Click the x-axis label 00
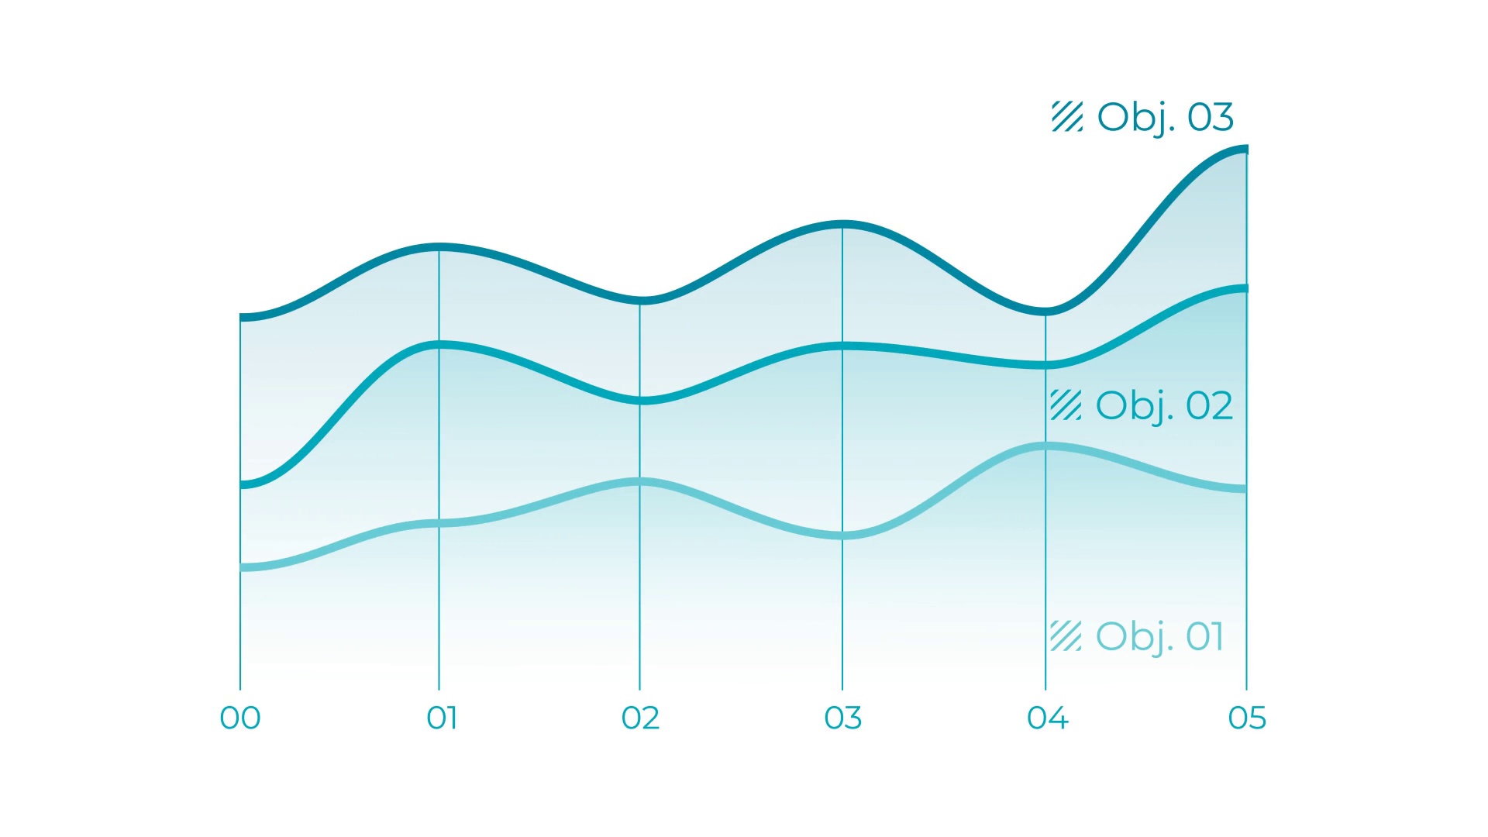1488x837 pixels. tap(240, 718)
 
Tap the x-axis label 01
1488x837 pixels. tap(442, 718)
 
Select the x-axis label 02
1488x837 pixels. tap(640, 718)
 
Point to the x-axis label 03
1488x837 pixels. tap(843, 718)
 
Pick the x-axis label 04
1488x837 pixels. tap(1048, 718)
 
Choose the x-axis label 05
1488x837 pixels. tap(1247, 718)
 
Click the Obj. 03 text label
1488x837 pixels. tap(1165, 118)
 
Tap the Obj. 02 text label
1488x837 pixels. tap(1164, 406)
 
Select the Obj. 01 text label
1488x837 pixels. tap(1159, 637)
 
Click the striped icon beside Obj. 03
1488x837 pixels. tap(1067, 116)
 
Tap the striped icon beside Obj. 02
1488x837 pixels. tap(1066, 405)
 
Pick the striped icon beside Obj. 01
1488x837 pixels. tap(1066, 635)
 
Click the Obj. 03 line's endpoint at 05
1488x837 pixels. tap(1246, 149)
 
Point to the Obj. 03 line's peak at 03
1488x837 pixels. tap(843, 225)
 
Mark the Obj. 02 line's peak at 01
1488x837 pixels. tap(439, 345)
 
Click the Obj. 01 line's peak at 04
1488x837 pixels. tap(1045, 446)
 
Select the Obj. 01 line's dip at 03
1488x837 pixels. tap(842, 536)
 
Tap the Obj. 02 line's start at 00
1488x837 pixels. tap(242, 485)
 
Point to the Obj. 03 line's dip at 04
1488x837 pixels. tap(1045, 312)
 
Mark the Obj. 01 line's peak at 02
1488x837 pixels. tap(639, 482)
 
